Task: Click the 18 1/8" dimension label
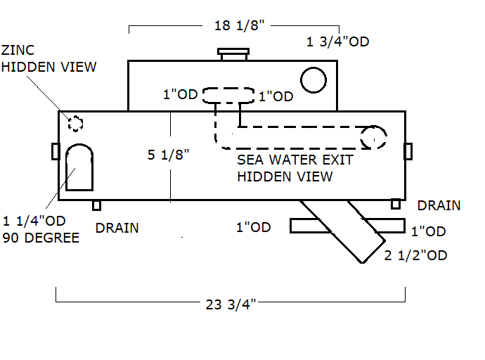(238, 26)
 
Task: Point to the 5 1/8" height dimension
(168, 155)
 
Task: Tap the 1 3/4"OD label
(337, 41)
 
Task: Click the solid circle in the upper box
(313, 80)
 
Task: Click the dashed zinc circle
(75, 124)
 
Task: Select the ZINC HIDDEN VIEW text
(48, 59)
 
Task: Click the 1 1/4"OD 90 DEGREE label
(41, 231)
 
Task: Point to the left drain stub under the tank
(98, 205)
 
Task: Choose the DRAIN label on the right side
(439, 206)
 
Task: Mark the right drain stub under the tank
(396, 204)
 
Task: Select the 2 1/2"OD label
(416, 255)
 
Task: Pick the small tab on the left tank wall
(55, 150)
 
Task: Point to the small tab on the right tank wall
(408, 150)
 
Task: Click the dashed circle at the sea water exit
(374, 137)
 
